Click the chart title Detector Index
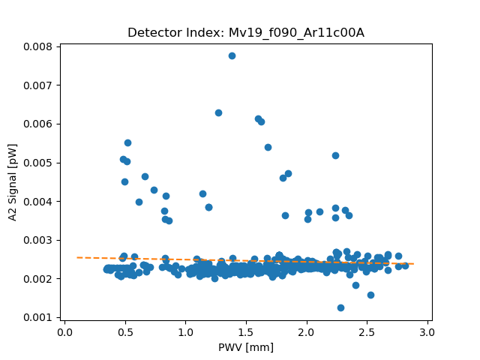(x=246, y=32)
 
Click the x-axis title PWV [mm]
(x=246, y=346)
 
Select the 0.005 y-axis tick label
(x=36, y=163)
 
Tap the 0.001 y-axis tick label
(x=36, y=317)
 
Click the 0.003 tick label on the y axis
(x=36, y=240)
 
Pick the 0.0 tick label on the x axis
(x=64, y=331)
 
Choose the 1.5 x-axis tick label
(x=246, y=331)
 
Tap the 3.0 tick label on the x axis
(x=427, y=331)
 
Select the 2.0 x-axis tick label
(x=307, y=331)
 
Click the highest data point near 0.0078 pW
(x=232, y=55)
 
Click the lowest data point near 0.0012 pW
(x=340, y=307)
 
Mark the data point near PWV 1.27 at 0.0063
(x=218, y=112)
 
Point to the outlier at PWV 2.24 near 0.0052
(x=335, y=155)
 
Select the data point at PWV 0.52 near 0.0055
(x=127, y=142)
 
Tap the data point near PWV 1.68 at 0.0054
(x=268, y=147)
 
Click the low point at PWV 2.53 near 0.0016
(x=370, y=295)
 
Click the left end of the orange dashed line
(x=76, y=257)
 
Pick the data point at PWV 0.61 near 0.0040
(x=139, y=202)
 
